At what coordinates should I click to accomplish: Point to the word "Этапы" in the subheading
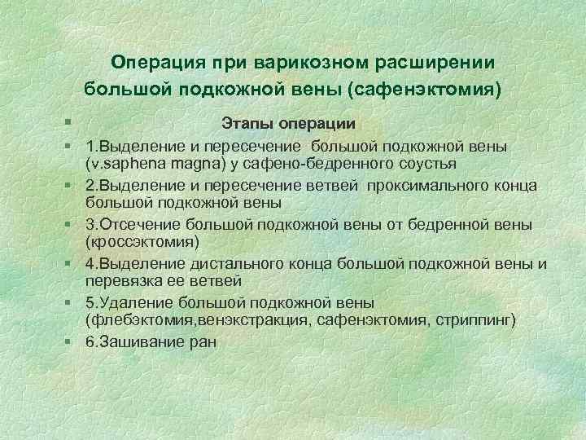(247, 123)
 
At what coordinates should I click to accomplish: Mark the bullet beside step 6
(73, 341)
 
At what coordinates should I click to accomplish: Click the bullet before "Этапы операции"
(73, 123)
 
